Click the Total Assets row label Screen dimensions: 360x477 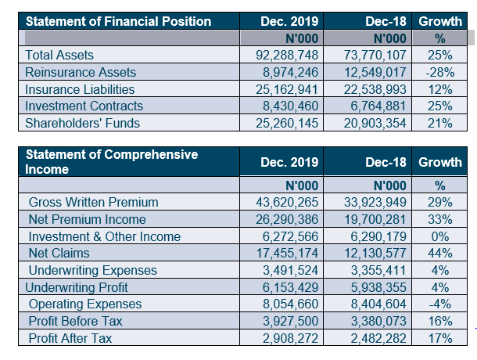click(x=59, y=55)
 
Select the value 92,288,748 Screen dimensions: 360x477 click(x=288, y=55)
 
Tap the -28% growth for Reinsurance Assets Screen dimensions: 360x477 click(x=439, y=72)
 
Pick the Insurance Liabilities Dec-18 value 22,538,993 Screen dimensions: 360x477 click(x=375, y=89)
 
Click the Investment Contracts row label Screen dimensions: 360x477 click(x=84, y=106)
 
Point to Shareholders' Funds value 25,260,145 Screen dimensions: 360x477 click(x=288, y=123)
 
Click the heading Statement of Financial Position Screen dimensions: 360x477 click(x=118, y=21)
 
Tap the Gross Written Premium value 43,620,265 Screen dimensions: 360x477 click(x=288, y=203)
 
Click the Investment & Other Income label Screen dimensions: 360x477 click(x=104, y=236)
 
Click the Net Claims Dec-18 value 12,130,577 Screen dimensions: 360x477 click(x=375, y=253)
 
